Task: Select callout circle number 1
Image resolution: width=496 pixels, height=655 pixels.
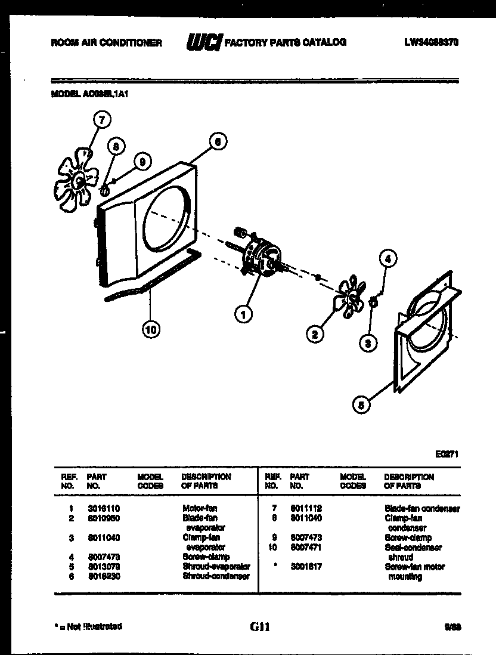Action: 243,314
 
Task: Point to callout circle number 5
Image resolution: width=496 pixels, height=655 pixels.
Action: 361,405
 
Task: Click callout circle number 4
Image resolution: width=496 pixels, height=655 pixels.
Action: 387,258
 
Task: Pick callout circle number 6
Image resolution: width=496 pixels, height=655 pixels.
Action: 218,142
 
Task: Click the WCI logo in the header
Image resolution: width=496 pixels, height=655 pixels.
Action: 204,42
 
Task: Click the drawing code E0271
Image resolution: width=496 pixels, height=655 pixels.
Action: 447,454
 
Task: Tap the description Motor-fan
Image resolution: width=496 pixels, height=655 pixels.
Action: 200,508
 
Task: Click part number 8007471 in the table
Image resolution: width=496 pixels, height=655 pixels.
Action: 306,547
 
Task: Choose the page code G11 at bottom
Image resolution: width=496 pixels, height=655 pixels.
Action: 260,627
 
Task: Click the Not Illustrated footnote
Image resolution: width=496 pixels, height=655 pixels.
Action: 88,626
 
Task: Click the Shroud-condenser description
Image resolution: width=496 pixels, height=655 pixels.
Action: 216,576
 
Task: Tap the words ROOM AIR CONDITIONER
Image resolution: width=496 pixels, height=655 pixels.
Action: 107,43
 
